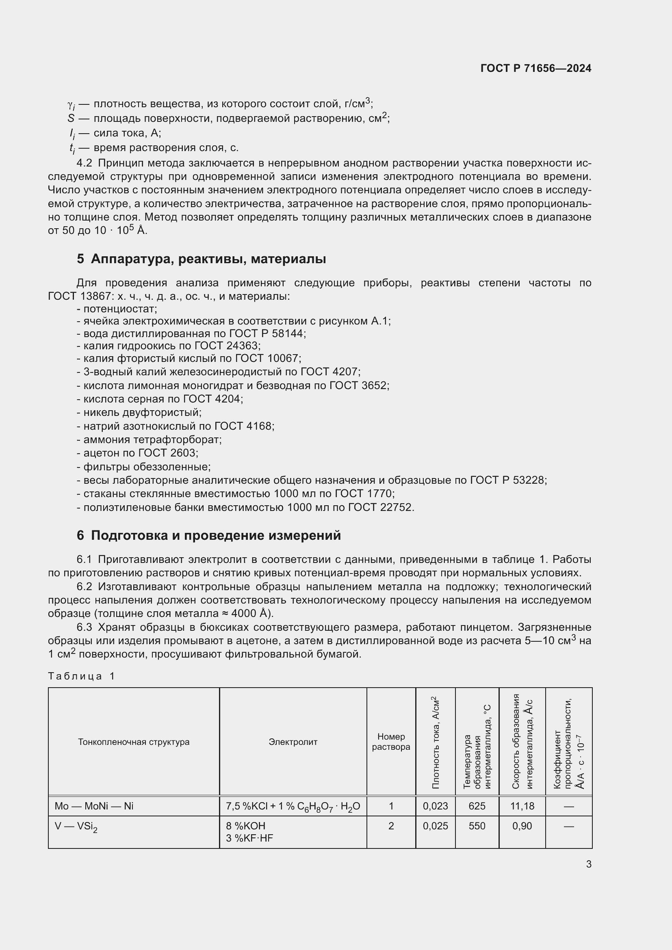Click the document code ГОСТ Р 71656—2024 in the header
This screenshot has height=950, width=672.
(x=536, y=68)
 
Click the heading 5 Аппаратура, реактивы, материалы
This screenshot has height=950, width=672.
(x=201, y=259)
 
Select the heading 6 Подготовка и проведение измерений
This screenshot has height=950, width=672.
(x=208, y=535)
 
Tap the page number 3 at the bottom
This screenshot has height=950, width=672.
(x=588, y=864)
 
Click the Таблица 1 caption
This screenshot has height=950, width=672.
(x=81, y=676)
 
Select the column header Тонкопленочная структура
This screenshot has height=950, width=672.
(x=134, y=742)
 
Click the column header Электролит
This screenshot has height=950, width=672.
(x=293, y=742)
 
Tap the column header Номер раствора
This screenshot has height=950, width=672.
(x=391, y=742)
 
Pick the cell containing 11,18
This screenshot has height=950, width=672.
(x=522, y=806)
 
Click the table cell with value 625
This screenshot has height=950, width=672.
(x=477, y=806)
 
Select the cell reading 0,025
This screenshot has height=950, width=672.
(x=435, y=826)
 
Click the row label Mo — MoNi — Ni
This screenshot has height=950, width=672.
(x=94, y=806)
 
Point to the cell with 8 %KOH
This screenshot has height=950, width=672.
(x=245, y=826)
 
